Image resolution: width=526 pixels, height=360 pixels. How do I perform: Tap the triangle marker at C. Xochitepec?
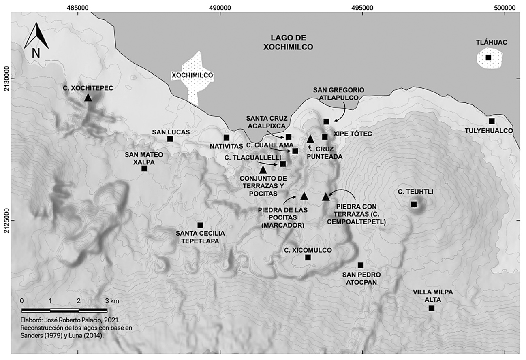click(x=88, y=97)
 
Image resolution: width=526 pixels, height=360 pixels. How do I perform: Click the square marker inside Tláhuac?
click(x=488, y=58)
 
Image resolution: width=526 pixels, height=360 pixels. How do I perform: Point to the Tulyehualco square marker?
click(x=492, y=121)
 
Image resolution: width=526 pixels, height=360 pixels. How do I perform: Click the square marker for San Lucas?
click(x=170, y=139)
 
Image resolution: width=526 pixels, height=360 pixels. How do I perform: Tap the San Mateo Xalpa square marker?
click(x=144, y=168)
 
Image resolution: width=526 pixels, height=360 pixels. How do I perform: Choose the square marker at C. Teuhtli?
click(x=414, y=204)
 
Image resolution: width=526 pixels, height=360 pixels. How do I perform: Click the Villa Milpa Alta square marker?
click(x=431, y=309)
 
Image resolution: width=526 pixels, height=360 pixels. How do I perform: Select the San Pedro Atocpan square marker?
click(x=361, y=265)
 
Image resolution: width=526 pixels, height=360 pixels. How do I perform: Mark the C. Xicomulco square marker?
click(x=308, y=258)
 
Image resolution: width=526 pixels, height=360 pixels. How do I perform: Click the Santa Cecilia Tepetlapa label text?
click(x=197, y=237)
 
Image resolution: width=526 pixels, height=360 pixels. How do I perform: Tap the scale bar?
click(x=64, y=310)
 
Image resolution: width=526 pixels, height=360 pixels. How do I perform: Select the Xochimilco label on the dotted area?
click(x=192, y=75)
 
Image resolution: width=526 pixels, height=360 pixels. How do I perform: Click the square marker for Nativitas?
click(x=227, y=137)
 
